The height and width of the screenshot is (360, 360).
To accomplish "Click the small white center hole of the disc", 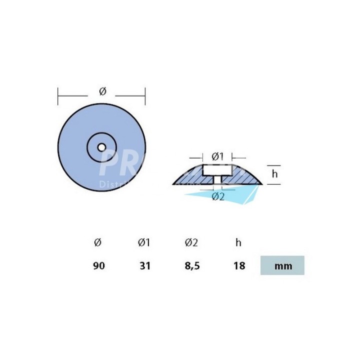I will tap(101, 147).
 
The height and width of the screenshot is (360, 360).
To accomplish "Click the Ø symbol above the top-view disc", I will tap(102, 90).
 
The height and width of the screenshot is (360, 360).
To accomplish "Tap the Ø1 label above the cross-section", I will tap(217, 155).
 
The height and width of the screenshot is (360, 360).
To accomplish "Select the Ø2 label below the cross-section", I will tap(218, 196).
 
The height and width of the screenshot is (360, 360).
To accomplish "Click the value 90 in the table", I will tap(98, 265).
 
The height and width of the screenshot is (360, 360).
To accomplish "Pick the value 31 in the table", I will tap(144, 265).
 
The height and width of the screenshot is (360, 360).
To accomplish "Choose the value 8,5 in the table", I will tap(191, 265).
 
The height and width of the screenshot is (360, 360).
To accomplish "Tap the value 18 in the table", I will tap(239, 265).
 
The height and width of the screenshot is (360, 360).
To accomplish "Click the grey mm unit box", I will tap(282, 265).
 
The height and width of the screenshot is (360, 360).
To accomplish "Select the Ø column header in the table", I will tap(97, 242).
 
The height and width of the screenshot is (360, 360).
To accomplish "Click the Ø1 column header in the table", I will tap(144, 242).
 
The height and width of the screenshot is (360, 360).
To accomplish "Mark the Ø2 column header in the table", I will tap(191, 242).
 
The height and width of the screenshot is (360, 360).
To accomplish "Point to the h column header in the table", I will tap(238, 242).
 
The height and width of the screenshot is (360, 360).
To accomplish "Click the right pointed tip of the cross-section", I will tap(261, 184).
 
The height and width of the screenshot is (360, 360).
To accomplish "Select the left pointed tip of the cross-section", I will tap(173, 184).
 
